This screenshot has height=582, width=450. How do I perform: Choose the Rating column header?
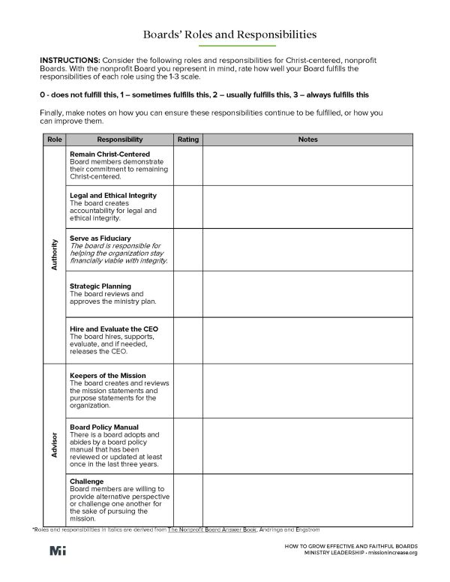187,139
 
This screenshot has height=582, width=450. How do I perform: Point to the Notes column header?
307,139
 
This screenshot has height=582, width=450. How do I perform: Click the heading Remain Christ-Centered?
104,154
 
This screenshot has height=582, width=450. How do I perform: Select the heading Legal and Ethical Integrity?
112,195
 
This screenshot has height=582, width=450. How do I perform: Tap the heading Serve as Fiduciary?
100,238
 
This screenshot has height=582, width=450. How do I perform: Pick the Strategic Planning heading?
100,286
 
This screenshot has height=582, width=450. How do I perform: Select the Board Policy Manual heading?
103,427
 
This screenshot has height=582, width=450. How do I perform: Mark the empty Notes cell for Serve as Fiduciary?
307,250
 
